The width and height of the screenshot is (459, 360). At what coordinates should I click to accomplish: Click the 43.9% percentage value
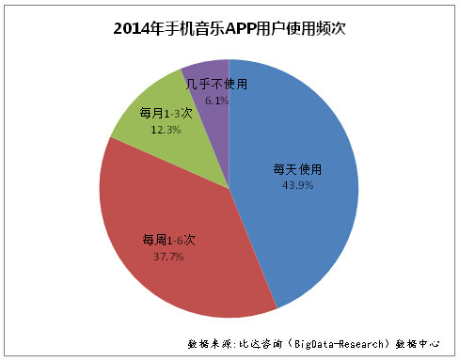tap(297, 185)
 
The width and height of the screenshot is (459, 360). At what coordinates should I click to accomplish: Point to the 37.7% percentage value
tap(168, 257)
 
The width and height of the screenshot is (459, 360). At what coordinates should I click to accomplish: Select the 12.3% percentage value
tap(166, 130)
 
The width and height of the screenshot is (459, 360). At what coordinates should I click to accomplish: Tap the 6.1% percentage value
tap(216, 101)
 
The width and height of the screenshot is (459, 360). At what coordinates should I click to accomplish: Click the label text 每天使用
tap(297, 169)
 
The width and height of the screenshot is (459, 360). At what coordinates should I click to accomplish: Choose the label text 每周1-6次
tap(168, 241)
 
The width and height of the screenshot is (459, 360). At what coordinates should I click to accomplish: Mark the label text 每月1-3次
tap(166, 113)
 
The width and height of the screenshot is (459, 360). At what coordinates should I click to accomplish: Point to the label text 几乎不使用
tap(216, 84)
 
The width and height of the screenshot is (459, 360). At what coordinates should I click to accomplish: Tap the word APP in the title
tap(241, 29)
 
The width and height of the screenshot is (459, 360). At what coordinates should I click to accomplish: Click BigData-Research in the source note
tap(340, 344)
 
